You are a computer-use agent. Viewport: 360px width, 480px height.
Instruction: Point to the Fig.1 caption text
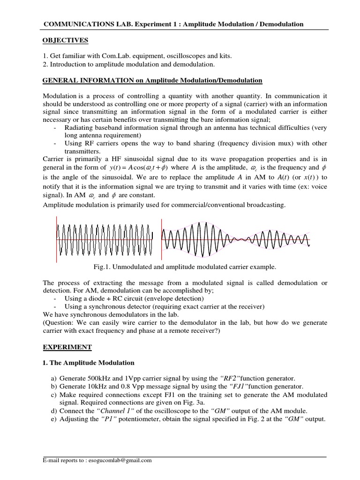coord(185,267)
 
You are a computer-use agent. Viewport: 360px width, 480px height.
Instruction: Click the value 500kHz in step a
coord(99,378)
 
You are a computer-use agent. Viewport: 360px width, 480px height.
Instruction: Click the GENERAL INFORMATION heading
coord(152,81)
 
